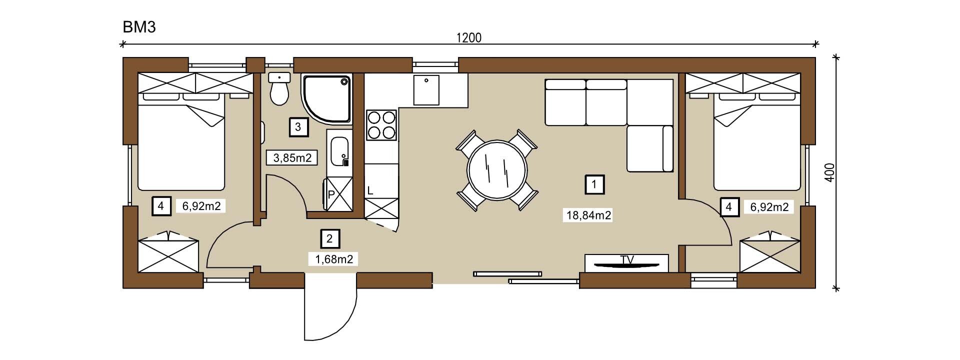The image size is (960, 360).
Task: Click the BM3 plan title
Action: pos(139,27)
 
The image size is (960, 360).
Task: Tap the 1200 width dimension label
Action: pos(469,38)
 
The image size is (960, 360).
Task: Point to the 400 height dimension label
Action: pos(829,172)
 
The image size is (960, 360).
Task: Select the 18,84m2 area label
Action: pos(588,215)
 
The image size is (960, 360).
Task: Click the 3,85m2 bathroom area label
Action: pos(292,158)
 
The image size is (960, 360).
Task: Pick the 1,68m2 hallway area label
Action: pos(334,259)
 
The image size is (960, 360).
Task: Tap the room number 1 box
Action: pos(594,184)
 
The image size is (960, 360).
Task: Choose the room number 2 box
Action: pos(329,239)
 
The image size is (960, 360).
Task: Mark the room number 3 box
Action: pos(298,127)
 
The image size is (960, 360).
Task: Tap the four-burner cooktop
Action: pos(382,125)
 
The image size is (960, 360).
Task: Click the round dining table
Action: pos(496,170)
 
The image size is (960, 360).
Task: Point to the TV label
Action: pos(627,259)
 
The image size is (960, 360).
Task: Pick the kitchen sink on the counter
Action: pos(426,90)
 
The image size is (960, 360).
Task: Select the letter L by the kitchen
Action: pos(370,190)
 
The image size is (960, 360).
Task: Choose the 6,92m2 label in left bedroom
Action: pos(201,206)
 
